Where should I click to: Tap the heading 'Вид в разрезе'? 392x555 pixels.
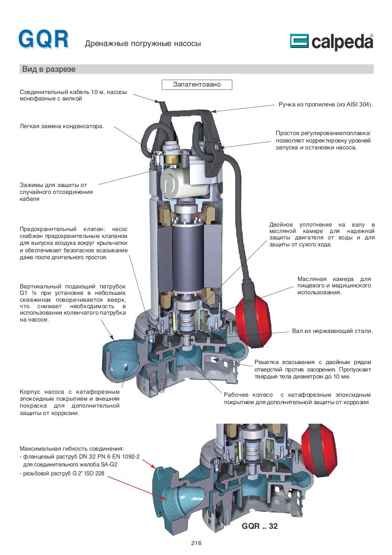(x=48, y=69)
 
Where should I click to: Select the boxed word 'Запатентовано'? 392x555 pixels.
(x=197, y=85)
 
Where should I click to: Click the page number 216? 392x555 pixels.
(x=196, y=543)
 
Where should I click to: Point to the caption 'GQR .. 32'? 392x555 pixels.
(x=260, y=526)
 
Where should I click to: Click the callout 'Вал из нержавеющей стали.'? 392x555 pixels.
(x=332, y=330)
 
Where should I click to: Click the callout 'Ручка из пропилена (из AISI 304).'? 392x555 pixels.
(x=326, y=105)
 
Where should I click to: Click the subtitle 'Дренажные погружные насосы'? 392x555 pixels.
(x=143, y=44)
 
